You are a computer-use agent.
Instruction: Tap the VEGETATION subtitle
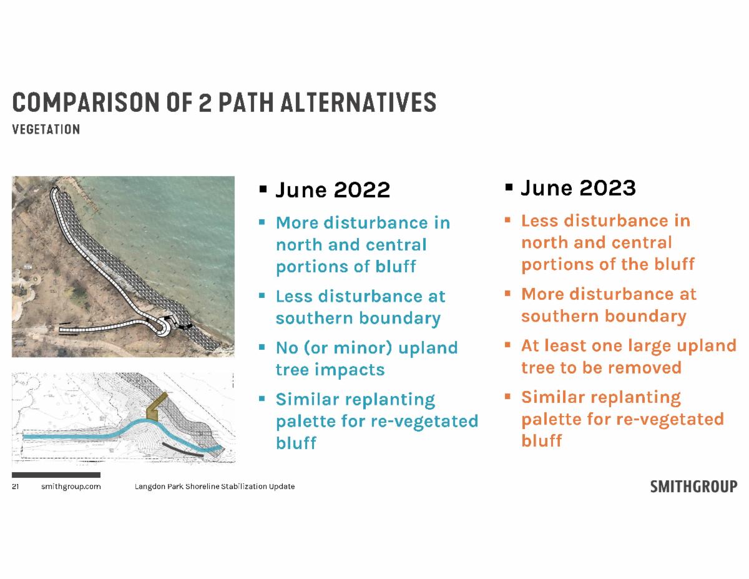(x=46, y=130)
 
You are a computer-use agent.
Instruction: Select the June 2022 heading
(x=333, y=190)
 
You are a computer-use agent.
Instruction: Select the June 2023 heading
(x=578, y=188)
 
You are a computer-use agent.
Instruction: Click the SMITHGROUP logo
(x=693, y=487)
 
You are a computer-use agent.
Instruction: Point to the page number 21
(x=16, y=487)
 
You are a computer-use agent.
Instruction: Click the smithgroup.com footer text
(x=71, y=487)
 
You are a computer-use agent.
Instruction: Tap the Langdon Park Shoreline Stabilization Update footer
(x=215, y=487)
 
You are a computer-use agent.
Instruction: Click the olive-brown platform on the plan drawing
(x=156, y=406)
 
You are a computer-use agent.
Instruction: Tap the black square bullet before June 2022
(x=263, y=189)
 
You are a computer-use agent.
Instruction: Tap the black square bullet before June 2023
(x=509, y=187)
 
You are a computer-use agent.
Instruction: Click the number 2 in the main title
(x=205, y=102)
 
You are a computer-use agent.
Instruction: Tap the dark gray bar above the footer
(x=56, y=475)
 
